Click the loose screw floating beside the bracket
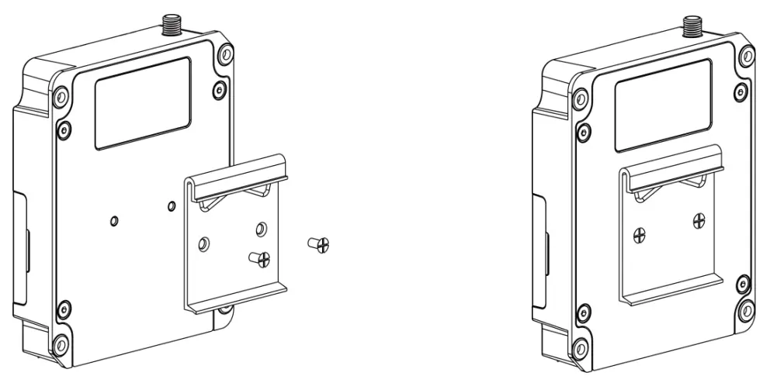pyautogui.click(x=319, y=245)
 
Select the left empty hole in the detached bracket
pyautogui.click(x=203, y=243)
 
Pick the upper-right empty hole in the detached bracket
pyautogui.click(x=261, y=229)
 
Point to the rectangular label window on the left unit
pyautogui.click(x=143, y=103)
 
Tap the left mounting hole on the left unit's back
pyautogui.click(x=115, y=221)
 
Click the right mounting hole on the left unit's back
pyautogui.click(x=172, y=206)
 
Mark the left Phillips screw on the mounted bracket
pyautogui.click(x=640, y=233)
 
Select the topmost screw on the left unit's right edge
pyautogui.click(x=225, y=55)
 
